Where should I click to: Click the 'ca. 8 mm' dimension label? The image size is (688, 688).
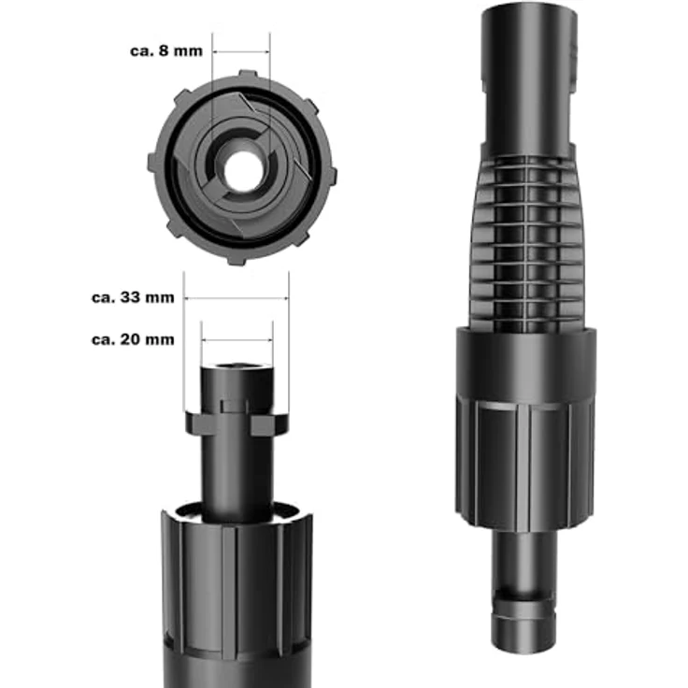point(166,50)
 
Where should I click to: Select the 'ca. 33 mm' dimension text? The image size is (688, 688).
point(133,297)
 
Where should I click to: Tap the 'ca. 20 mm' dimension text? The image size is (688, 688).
point(133,339)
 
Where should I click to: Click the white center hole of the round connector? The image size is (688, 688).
point(243,171)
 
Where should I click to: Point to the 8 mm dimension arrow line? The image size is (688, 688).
point(241,51)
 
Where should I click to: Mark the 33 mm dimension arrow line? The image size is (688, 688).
point(236,298)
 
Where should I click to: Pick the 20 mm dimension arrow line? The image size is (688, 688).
point(236,340)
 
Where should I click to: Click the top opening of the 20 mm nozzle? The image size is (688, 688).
point(236,365)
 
